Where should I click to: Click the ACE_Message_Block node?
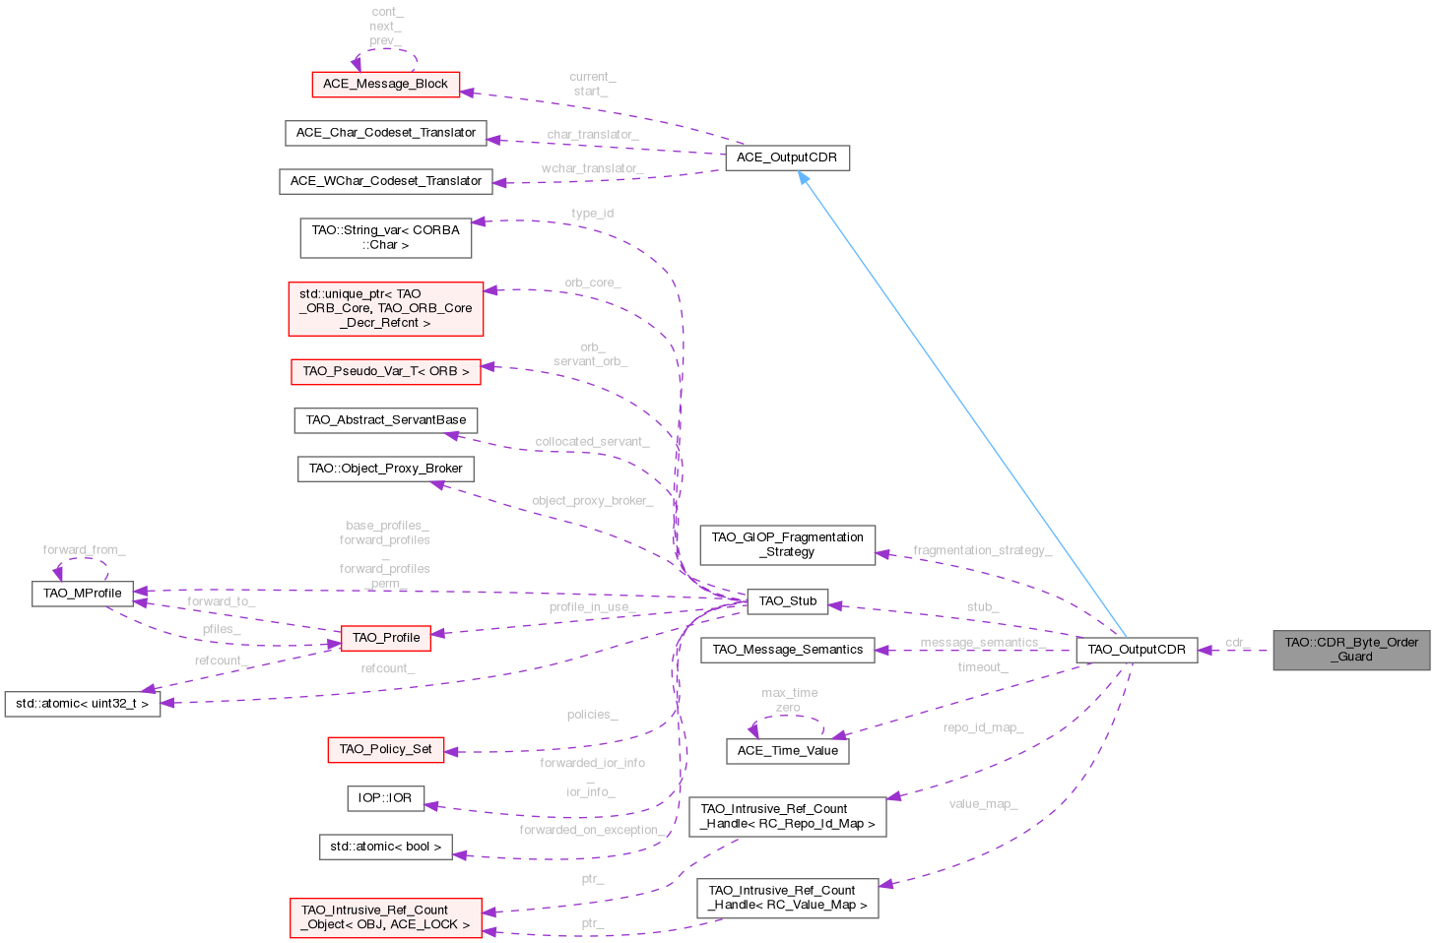[385, 84]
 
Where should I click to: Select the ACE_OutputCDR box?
[787, 157]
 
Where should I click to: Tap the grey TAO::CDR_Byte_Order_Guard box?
[1351, 650]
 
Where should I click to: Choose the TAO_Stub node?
[788, 601]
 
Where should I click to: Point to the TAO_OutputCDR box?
[1137, 650]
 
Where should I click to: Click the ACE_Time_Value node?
[788, 751]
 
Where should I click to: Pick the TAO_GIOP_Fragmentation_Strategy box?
[788, 544]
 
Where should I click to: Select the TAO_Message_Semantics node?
[787, 650]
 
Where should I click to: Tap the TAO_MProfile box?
[83, 594]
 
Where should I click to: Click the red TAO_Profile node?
[386, 638]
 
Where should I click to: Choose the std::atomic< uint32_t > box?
[83, 704]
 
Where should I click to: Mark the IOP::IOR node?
[385, 797]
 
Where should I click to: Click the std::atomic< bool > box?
[385, 847]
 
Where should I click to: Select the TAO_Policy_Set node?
[385, 749]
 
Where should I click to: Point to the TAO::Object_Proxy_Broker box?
[385, 469]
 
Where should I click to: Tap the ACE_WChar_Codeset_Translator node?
[385, 181]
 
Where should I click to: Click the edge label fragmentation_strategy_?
[982, 550]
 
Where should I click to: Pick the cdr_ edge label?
[1237, 642]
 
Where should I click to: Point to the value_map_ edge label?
[983, 803]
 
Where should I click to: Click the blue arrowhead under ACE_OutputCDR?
[805, 178]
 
